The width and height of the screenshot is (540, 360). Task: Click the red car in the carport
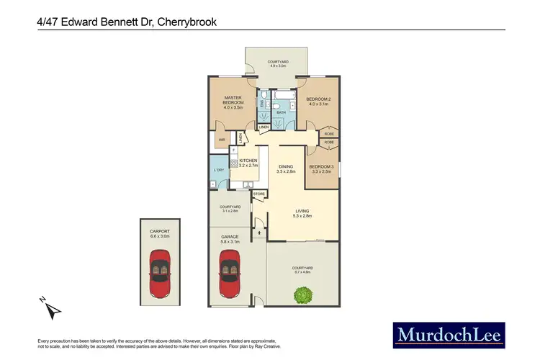point(158,274)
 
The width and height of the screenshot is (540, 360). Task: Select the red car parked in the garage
point(230,274)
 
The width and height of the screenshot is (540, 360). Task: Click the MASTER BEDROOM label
point(232,102)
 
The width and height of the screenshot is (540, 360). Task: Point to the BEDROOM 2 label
point(318,102)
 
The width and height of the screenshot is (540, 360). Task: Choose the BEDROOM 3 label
point(321,168)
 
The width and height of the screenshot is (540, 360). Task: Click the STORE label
point(258,194)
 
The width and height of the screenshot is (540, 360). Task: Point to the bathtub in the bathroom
point(284,95)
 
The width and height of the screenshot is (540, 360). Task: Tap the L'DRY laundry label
point(219,171)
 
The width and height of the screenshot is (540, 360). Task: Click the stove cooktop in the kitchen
point(234,163)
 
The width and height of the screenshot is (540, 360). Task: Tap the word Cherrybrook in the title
point(184,22)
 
